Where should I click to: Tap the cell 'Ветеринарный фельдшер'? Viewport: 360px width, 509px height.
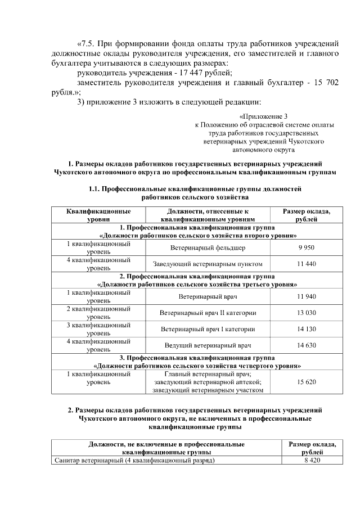(x=208, y=248)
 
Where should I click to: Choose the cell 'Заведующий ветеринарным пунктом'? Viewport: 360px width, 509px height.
(x=208, y=264)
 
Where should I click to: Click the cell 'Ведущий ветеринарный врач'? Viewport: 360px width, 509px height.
(x=208, y=345)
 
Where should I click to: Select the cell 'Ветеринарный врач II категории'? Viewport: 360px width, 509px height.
(x=208, y=313)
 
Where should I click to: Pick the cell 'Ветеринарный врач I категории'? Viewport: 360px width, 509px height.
(x=208, y=329)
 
